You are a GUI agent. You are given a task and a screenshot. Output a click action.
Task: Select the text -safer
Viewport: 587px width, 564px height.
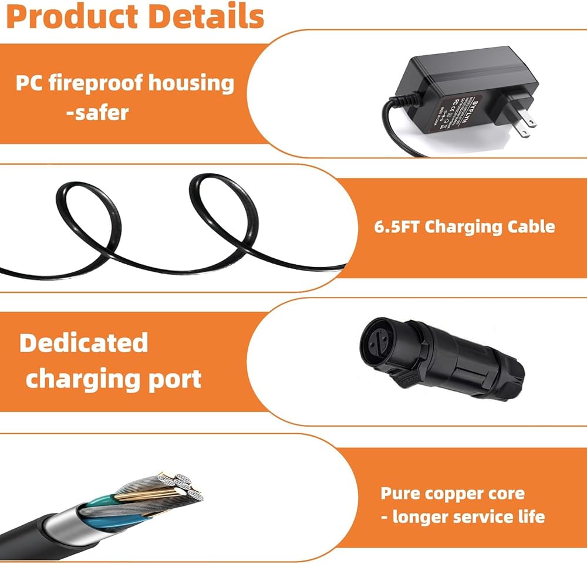click(x=97, y=111)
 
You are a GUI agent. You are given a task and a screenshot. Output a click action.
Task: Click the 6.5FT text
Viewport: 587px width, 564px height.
click(x=396, y=227)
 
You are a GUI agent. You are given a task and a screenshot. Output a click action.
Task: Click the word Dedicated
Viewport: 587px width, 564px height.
click(x=83, y=343)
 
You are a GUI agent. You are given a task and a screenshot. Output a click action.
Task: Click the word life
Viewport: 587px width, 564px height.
click(x=529, y=517)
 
